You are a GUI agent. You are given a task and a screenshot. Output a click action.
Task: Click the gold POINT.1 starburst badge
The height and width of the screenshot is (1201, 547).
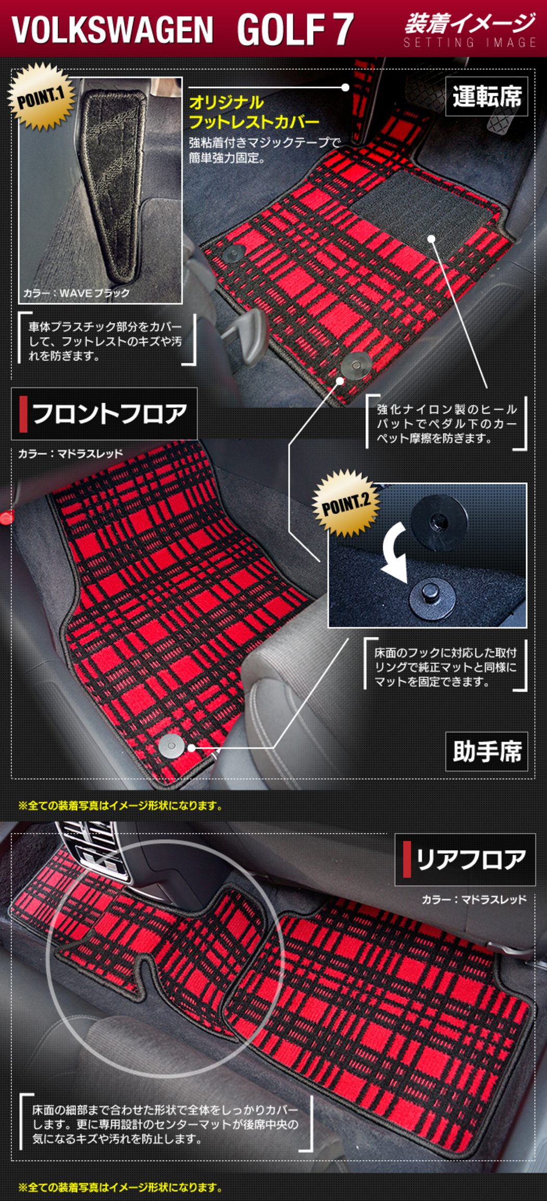(x=42, y=97)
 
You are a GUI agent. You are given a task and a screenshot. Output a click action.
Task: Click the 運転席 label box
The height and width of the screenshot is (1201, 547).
(x=487, y=96)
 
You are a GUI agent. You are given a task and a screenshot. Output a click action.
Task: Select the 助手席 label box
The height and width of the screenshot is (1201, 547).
(x=487, y=752)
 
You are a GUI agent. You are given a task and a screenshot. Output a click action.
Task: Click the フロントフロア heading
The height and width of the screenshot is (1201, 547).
(x=104, y=414)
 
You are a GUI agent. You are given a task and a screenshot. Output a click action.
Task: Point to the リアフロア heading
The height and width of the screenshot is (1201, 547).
(x=465, y=859)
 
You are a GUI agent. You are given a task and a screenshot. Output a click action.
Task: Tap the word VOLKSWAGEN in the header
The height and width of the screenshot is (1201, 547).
(x=113, y=30)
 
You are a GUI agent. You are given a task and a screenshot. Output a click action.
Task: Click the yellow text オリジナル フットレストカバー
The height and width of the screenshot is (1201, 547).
(x=254, y=112)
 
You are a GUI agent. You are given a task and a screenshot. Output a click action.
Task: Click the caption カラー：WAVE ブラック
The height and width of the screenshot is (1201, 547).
(x=77, y=293)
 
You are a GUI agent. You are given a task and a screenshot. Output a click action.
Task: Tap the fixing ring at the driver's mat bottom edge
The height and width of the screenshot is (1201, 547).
(x=355, y=365)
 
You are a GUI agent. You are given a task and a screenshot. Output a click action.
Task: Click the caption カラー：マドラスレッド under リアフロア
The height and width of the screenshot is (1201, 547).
(x=474, y=899)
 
